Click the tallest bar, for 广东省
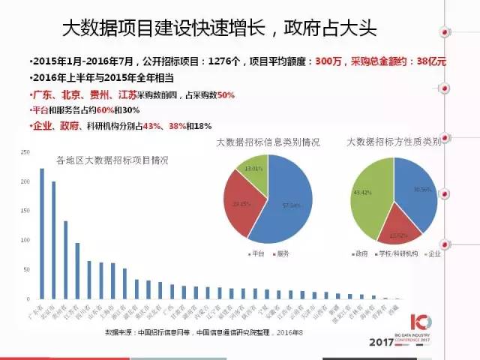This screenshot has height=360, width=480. [42, 232]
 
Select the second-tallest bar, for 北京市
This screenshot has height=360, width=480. [54, 240]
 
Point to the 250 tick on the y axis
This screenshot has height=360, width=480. [25, 153]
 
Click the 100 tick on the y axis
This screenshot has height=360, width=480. [25, 240]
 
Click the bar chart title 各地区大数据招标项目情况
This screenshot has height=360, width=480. [112, 160]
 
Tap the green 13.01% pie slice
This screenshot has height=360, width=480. [250, 169]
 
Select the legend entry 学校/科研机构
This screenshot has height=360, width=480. [401, 254]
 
